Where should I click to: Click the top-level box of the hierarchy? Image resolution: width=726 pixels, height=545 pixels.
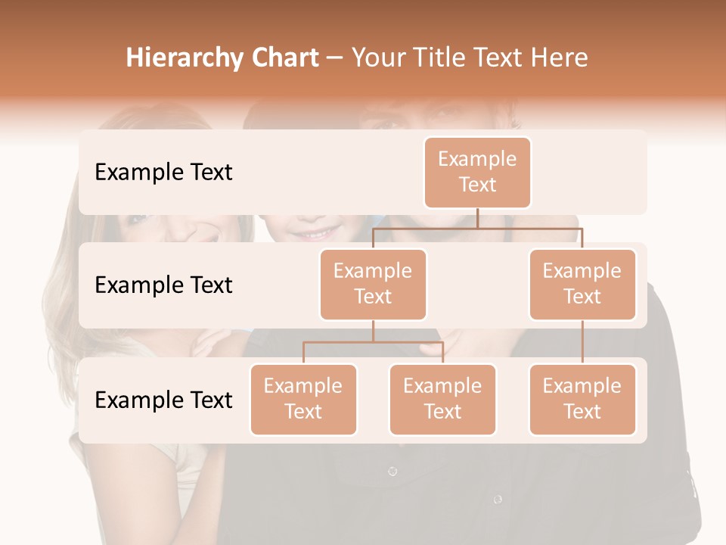[477, 172]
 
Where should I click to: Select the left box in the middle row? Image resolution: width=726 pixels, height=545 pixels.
[373, 284]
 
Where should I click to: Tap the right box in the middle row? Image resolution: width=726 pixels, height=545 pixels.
[582, 284]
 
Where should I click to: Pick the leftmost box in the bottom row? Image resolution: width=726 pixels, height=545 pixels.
[303, 399]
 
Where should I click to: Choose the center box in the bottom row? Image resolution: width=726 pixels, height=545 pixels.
[442, 399]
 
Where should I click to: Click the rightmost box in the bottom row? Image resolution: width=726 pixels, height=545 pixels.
[582, 399]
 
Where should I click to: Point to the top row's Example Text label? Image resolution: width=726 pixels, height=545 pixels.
[163, 172]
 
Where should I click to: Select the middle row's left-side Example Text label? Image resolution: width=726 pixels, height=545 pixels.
[163, 285]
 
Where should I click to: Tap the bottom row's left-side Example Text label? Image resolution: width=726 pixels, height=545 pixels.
[163, 400]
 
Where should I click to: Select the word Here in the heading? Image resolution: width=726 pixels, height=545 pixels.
[560, 58]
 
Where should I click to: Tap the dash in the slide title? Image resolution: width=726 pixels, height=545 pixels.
[335, 58]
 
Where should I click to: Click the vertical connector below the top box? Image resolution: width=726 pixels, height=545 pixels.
[477, 218]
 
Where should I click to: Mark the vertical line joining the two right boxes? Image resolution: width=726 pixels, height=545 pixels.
[582, 342]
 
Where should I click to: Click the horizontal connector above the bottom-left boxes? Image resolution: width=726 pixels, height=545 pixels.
[373, 342]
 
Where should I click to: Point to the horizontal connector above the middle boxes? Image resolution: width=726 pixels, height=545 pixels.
[477, 228]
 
